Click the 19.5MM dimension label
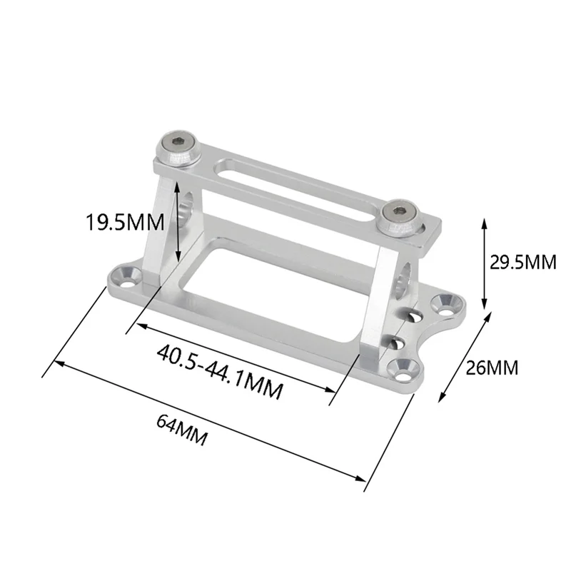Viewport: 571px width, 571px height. click(x=125, y=222)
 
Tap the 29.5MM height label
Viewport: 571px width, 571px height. click(x=522, y=262)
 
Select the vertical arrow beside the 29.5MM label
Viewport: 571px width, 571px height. click(x=485, y=262)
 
